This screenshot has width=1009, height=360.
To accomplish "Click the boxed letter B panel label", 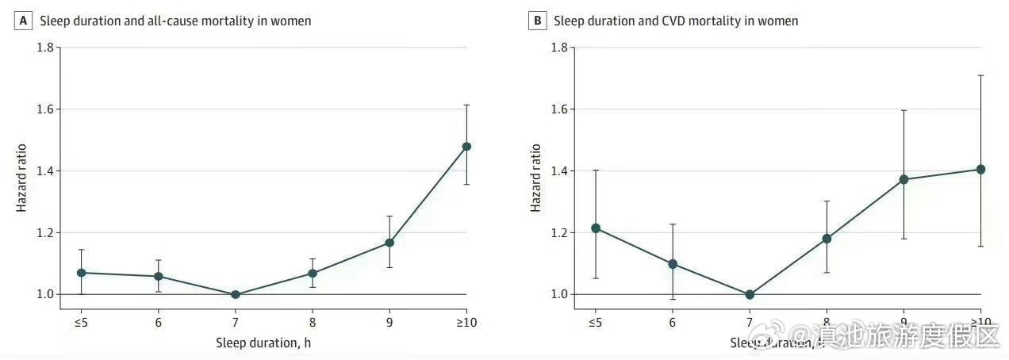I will point(537,21).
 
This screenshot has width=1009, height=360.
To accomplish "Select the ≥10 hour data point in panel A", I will point(466,147).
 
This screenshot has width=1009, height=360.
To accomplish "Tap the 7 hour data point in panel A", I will point(235,294).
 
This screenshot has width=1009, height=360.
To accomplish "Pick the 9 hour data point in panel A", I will point(389,243).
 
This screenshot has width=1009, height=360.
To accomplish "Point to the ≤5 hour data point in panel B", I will point(595,228).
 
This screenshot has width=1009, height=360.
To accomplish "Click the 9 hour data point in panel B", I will point(903,179).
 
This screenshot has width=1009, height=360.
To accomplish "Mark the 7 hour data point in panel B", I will point(750,294).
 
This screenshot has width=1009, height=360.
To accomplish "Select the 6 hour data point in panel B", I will point(673,264).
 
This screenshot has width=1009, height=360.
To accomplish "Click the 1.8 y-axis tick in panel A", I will point(45,48).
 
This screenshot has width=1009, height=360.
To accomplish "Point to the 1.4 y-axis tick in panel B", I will point(559,171).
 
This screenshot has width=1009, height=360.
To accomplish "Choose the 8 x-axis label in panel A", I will point(313,322).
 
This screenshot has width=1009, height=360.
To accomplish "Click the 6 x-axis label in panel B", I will point(673,322).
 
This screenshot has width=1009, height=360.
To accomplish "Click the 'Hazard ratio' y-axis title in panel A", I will point(24,177).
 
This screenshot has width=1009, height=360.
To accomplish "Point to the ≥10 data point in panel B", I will point(980,169).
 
